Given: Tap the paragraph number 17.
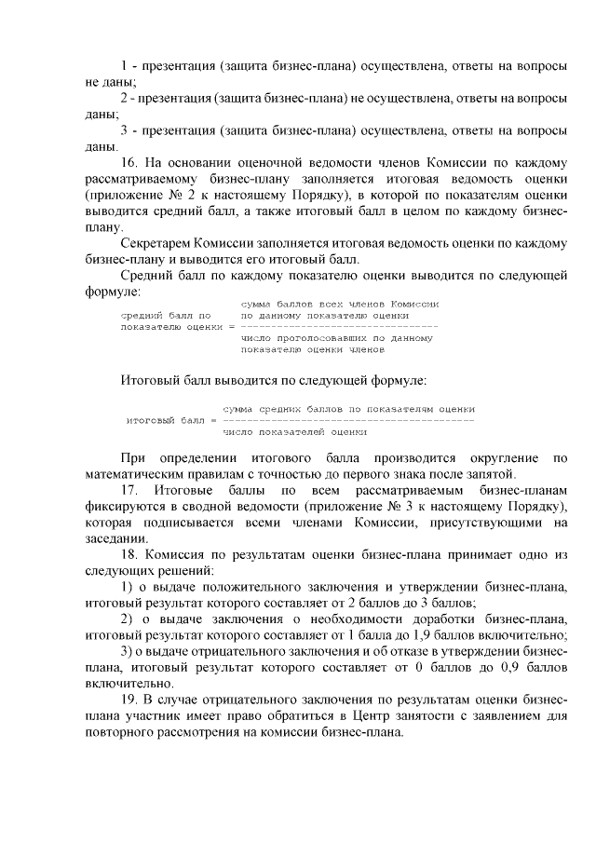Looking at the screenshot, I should [x=130, y=489].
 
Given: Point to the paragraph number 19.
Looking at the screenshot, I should [x=130, y=699].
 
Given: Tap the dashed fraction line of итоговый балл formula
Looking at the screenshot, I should [x=347, y=421].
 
